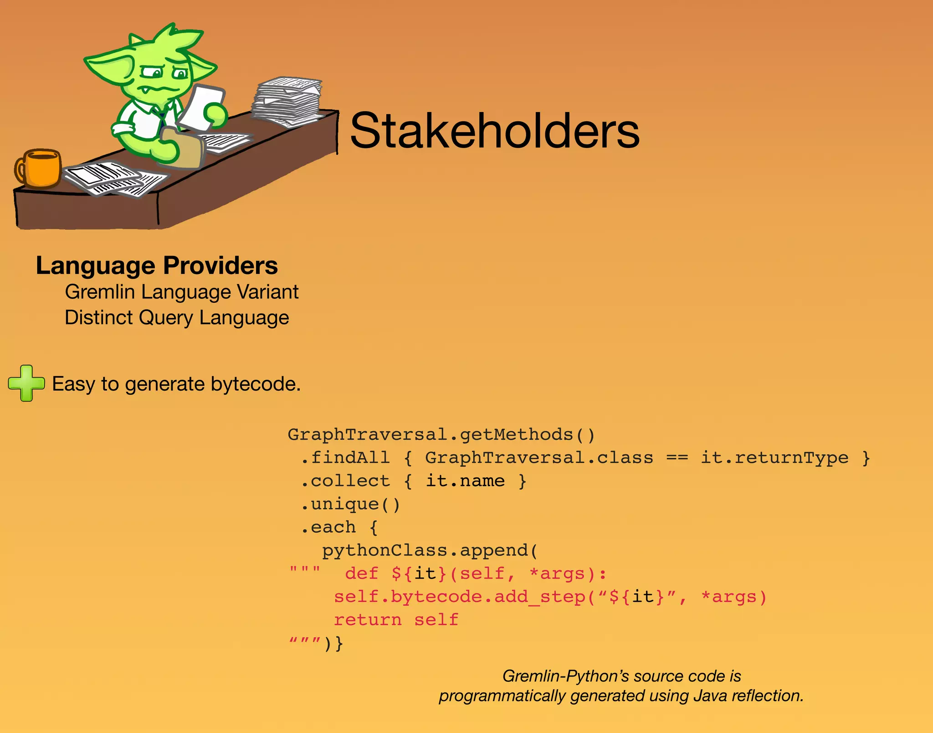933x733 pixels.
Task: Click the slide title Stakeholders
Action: click(495, 131)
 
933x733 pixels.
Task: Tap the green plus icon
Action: click(26, 383)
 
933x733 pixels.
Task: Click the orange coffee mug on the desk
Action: click(40, 168)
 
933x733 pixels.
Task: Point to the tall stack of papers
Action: click(287, 101)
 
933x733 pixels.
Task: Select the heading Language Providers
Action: click(157, 266)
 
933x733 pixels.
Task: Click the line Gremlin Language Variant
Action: click(181, 292)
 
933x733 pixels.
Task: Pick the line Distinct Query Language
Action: click(177, 318)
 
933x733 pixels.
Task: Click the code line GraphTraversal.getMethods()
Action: click(441, 435)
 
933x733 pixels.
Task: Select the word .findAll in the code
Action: click(345, 457)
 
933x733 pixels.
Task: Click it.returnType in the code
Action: click(774, 457)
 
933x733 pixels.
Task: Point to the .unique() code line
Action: click(350, 504)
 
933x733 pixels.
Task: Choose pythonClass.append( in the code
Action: click(430, 550)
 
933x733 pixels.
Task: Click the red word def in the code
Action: click(361, 574)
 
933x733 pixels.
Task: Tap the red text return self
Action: click(395, 620)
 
